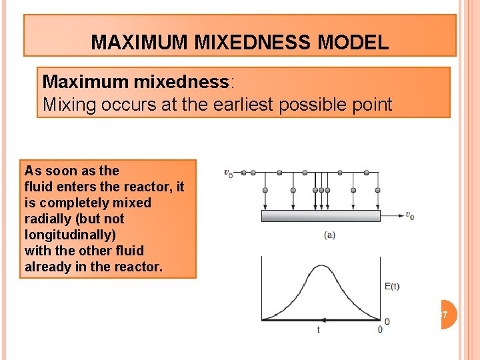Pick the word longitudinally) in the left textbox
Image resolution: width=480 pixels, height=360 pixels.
(69, 235)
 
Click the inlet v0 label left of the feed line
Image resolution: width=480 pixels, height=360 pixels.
(228, 173)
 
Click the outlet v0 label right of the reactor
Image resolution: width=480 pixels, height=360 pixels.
(409, 215)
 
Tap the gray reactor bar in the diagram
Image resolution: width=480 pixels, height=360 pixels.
(321, 216)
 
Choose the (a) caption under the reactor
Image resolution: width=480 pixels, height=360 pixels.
(329, 235)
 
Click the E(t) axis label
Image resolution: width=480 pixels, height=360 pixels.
(393, 287)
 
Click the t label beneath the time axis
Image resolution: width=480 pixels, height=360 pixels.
(318, 330)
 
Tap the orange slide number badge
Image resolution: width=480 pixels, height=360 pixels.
(447, 314)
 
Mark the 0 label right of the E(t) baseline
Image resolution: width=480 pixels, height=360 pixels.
(387, 322)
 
